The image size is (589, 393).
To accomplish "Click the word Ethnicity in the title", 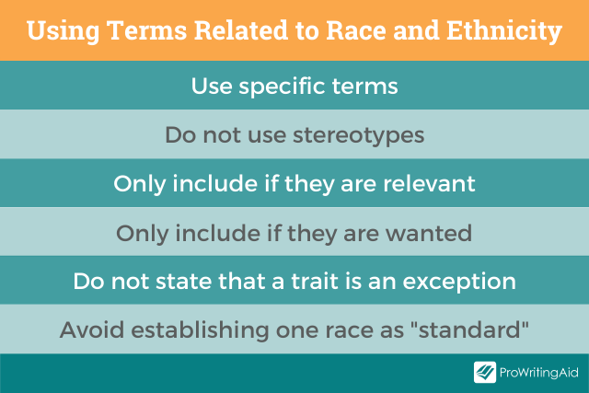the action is [504, 31].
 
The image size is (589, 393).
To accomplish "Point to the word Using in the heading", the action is [64, 31].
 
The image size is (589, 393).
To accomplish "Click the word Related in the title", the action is [241, 30].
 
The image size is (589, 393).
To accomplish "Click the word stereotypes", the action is [358, 135].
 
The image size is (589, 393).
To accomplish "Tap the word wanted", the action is [429, 233].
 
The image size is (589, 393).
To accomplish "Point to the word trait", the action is [315, 281].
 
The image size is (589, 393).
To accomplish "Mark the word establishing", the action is [200, 329].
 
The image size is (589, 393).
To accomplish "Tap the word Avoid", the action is [92, 329].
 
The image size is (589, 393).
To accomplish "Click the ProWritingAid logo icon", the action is [485, 372].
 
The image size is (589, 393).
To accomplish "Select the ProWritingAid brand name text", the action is [538, 373].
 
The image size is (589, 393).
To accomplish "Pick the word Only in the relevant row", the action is [139, 184].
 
